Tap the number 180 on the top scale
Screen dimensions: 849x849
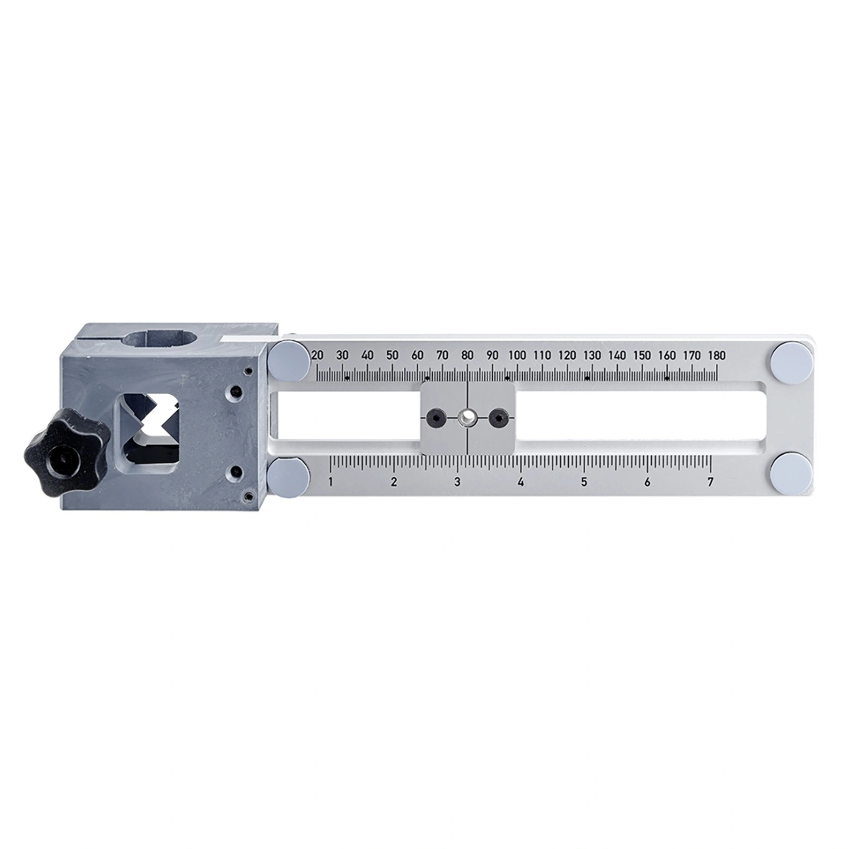716,356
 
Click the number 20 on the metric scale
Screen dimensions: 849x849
317,356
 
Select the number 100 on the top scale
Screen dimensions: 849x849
517,356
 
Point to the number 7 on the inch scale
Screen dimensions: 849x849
710,482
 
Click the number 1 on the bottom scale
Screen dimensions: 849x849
331,482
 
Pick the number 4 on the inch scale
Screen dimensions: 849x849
521,482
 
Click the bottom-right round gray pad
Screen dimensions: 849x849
791,474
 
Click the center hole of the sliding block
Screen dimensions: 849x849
467,418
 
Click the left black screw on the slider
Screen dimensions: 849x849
437,418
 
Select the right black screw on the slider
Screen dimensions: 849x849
497,418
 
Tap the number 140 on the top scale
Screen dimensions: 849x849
617,356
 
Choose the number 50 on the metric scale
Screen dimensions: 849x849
392,356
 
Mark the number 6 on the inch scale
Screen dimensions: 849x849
647,482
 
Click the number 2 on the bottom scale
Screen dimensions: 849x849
394,482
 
